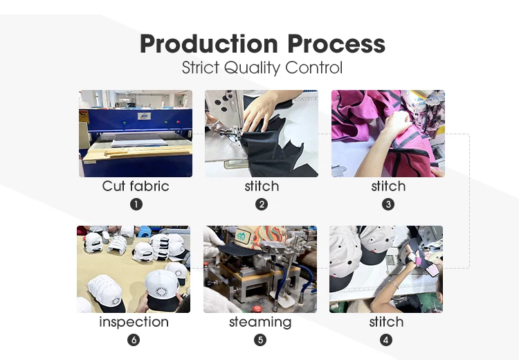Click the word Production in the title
[209, 44]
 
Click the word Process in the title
[336, 44]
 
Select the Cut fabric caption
[136, 186]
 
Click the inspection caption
[134, 322]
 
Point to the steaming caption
[260, 322]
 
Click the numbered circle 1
[136, 204]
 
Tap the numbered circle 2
[262, 204]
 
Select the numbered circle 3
[388, 204]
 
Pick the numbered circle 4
[386, 340]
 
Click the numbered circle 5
[260, 340]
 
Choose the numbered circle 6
[134, 340]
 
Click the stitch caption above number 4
[386, 322]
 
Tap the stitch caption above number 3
[388, 186]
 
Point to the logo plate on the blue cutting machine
[144, 116]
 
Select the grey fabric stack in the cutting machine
[140, 141]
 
